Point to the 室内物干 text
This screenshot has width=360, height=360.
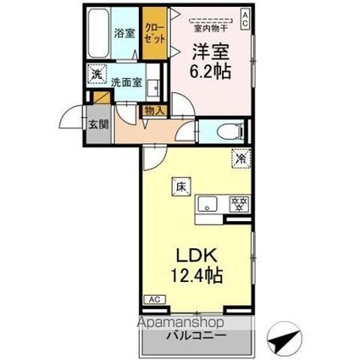tap(207, 25)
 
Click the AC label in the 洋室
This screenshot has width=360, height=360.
tap(246, 15)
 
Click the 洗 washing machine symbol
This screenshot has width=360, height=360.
tap(98, 75)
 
